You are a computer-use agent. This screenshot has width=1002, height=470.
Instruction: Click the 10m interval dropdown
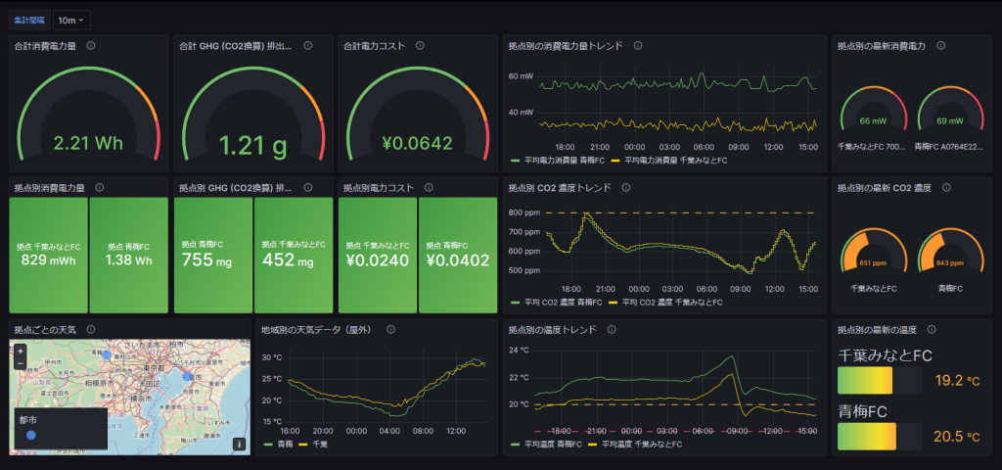(x=71, y=20)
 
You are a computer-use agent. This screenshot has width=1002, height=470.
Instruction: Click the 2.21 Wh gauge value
(x=88, y=144)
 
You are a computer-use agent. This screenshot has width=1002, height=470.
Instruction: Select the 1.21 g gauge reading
(x=252, y=146)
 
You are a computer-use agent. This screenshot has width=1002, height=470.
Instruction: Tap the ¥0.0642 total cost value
(x=417, y=144)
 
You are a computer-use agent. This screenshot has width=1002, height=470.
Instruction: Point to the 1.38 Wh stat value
(x=130, y=261)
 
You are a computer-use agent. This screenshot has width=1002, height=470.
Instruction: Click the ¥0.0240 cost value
(x=377, y=261)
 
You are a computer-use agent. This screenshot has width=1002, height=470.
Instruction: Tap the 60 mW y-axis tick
(x=521, y=76)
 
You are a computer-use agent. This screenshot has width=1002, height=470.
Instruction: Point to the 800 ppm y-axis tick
(x=524, y=212)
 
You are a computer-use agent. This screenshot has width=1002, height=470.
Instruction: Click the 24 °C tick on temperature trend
(x=520, y=350)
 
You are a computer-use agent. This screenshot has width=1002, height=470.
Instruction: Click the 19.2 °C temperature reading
(x=958, y=380)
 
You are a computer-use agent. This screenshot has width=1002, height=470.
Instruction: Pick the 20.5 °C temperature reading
(x=958, y=436)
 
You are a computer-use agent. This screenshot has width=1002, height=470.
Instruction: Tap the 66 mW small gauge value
(x=873, y=121)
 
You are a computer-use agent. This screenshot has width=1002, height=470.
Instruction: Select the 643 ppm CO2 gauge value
(x=949, y=263)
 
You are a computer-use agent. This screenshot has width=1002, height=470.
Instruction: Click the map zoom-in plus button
(x=21, y=350)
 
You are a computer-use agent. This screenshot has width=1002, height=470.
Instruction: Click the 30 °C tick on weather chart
(x=272, y=357)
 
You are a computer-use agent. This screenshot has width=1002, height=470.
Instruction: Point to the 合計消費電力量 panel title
(x=46, y=46)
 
